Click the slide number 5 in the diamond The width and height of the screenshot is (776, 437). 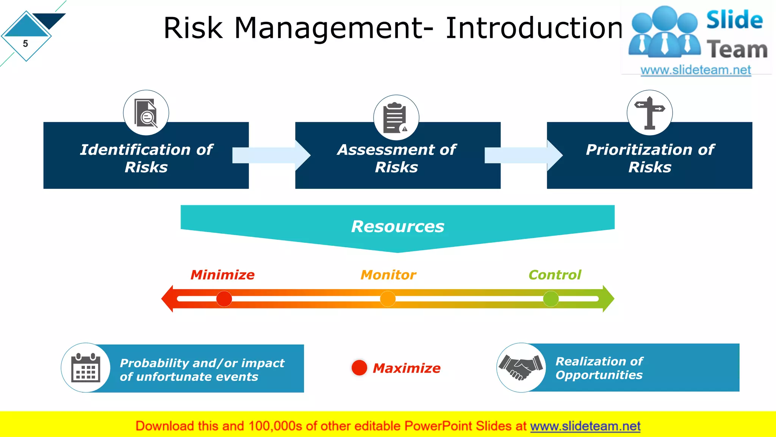click(x=25, y=44)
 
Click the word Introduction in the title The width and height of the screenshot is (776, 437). click(x=533, y=28)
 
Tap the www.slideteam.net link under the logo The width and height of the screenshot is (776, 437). click(x=695, y=70)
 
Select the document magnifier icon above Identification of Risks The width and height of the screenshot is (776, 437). click(x=146, y=113)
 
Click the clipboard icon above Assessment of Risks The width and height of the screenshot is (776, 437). click(x=396, y=118)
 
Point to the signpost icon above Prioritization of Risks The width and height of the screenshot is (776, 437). click(x=649, y=113)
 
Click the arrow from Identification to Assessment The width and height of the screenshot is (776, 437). click(x=271, y=155)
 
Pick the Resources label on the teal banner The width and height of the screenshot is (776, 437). click(x=397, y=226)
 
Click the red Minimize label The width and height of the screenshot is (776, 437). click(x=222, y=275)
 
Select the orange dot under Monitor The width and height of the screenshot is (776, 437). click(x=388, y=299)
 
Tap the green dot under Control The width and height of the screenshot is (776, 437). click(x=551, y=299)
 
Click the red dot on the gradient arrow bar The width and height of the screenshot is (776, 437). click(x=224, y=299)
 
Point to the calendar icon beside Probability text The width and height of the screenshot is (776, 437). click(x=86, y=368)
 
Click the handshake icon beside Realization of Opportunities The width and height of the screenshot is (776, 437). click(x=521, y=367)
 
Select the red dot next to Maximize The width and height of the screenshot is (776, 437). click(x=359, y=368)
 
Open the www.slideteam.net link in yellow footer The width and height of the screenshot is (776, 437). click(x=585, y=426)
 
